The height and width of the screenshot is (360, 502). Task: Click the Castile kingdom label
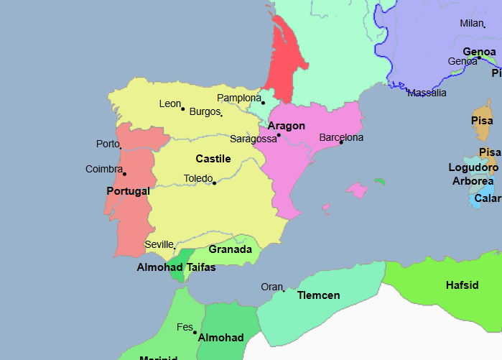(x=213, y=158)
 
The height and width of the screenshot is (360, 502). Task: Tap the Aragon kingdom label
(x=287, y=126)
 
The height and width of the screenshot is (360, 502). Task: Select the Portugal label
(x=128, y=191)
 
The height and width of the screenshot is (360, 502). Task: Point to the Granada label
(x=230, y=249)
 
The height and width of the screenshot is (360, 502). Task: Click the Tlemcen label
(x=318, y=295)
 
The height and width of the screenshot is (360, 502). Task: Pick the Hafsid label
(x=462, y=285)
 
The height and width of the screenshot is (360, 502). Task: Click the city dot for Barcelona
(x=341, y=142)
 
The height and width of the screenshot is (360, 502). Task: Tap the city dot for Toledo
(x=214, y=183)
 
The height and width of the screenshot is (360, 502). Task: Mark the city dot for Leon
(x=183, y=109)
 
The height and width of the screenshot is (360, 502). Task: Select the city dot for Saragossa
(x=279, y=135)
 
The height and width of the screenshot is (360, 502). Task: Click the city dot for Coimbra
(x=124, y=174)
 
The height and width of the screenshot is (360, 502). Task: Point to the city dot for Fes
(x=195, y=332)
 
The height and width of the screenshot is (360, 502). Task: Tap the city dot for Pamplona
(x=263, y=102)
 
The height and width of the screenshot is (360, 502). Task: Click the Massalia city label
(x=427, y=93)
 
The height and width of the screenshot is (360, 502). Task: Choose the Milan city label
(x=472, y=23)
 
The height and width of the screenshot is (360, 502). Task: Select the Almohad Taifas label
(x=176, y=267)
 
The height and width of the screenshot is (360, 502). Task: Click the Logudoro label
(x=473, y=167)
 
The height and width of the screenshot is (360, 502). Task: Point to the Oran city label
(x=271, y=287)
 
